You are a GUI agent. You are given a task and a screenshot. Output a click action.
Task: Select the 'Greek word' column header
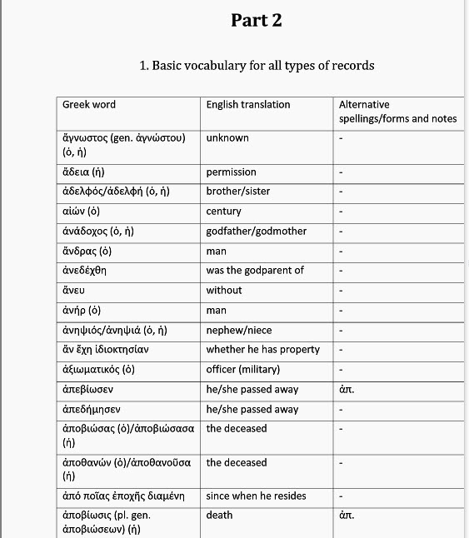tap(89, 105)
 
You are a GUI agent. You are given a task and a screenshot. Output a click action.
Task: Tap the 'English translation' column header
tap(248, 105)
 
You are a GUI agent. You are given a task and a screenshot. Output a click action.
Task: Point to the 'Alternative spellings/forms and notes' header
tap(397, 112)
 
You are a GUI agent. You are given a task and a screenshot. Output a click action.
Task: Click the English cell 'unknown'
tap(227, 138)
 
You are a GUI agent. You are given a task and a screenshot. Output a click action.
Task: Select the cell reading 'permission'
tap(232, 172)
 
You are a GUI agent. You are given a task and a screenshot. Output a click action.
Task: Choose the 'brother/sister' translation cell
tap(238, 192)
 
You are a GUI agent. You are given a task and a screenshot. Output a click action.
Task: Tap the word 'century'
tap(224, 212)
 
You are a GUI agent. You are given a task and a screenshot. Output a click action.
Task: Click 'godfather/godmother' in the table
tap(257, 232)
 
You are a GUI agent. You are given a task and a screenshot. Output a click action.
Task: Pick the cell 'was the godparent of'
tap(255, 271)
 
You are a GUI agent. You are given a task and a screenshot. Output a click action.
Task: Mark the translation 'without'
tap(224, 291)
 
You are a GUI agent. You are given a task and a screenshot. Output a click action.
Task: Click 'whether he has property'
tap(262, 350)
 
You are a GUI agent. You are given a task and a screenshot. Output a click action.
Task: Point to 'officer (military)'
tap(243, 370)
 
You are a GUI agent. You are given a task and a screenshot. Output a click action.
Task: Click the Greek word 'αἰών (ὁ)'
tap(82, 212)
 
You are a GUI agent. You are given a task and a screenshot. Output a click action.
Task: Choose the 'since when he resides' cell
tap(257, 496)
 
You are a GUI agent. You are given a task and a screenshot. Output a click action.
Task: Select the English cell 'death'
tap(220, 516)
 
